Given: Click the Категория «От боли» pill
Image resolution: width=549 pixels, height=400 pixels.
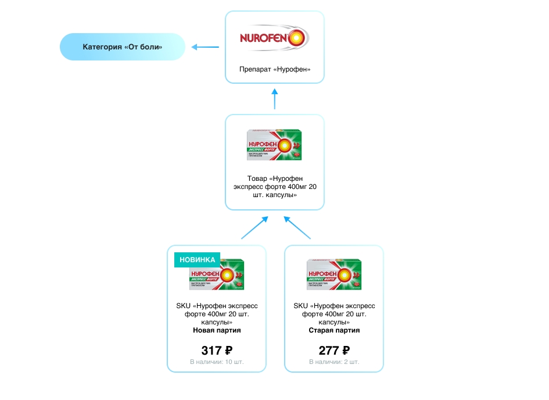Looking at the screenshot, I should pyautogui.click(x=122, y=47).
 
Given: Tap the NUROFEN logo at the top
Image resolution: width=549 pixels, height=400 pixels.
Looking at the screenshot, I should pyautogui.click(x=275, y=39).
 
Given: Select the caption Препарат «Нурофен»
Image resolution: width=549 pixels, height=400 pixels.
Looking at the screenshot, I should pyautogui.click(x=275, y=69).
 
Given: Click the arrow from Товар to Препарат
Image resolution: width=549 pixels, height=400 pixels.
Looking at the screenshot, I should pyautogui.click(x=275, y=99).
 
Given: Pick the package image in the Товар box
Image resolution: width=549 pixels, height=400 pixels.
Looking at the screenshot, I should pyautogui.click(x=275, y=144).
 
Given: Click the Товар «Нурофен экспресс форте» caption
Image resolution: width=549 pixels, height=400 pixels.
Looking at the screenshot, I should pyautogui.click(x=275, y=187).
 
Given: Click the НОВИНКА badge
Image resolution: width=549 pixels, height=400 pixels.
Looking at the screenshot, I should pyautogui.click(x=198, y=260).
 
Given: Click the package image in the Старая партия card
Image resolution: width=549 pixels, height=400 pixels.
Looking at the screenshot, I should pyautogui.click(x=334, y=274).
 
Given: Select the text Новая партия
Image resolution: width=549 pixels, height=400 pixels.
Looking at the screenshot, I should pyautogui.click(x=217, y=330).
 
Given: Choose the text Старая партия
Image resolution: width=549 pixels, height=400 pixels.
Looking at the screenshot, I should pyautogui.click(x=334, y=330).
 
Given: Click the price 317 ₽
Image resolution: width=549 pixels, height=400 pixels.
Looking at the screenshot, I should pyautogui.click(x=217, y=351).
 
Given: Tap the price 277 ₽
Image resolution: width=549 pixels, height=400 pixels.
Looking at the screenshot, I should pyautogui.click(x=334, y=351).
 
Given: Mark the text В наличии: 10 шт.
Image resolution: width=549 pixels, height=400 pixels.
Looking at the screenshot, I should pyautogui.click(x=217, y=362).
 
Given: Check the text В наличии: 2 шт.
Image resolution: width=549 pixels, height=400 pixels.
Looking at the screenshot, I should pyautogui.click(x=334, y=362).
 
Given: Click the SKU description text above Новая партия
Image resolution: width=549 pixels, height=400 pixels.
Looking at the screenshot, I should pyautogui.click(x=217, y=313).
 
